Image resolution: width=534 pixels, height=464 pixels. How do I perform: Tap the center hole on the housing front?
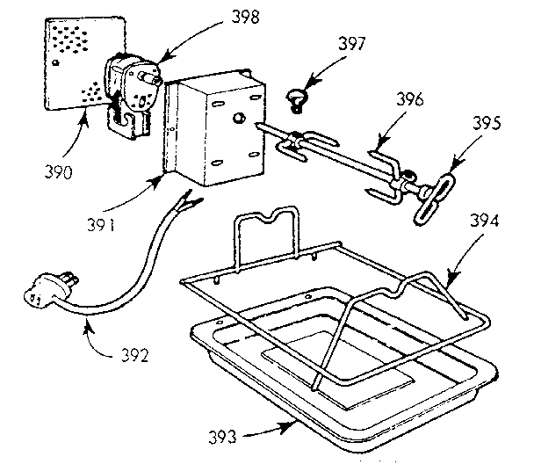point(237,116)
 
